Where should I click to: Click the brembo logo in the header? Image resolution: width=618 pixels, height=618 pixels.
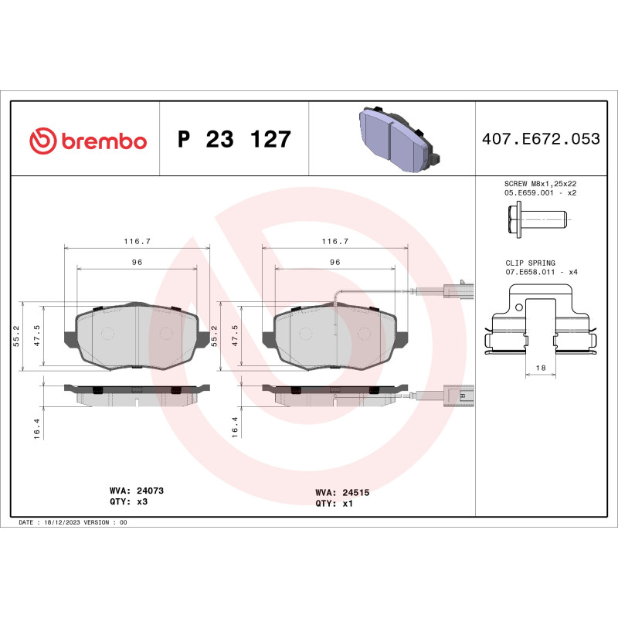pyautogui.click(x=87, y=141)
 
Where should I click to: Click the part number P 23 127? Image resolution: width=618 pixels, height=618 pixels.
pyautogui.click(x=234, y=140)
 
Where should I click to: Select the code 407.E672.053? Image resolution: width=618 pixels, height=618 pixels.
pyautogui.click(x=540, y=140)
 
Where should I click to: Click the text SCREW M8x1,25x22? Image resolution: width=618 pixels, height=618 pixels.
pyautogui.click(x=540, y=183)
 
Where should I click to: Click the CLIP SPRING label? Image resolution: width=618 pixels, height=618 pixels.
pyautogui.click(x=531, y=263)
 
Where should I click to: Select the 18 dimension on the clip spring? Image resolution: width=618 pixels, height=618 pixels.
pyautogui.click(x=541, y=368)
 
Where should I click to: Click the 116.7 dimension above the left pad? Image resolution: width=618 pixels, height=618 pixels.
pyautogui.click(x=137, y=241)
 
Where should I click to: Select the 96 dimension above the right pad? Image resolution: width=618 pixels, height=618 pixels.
pyautogui.click(x=335, y=262)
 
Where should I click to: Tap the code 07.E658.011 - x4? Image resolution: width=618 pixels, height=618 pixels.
pyautogui.click(x=541, y=273)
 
